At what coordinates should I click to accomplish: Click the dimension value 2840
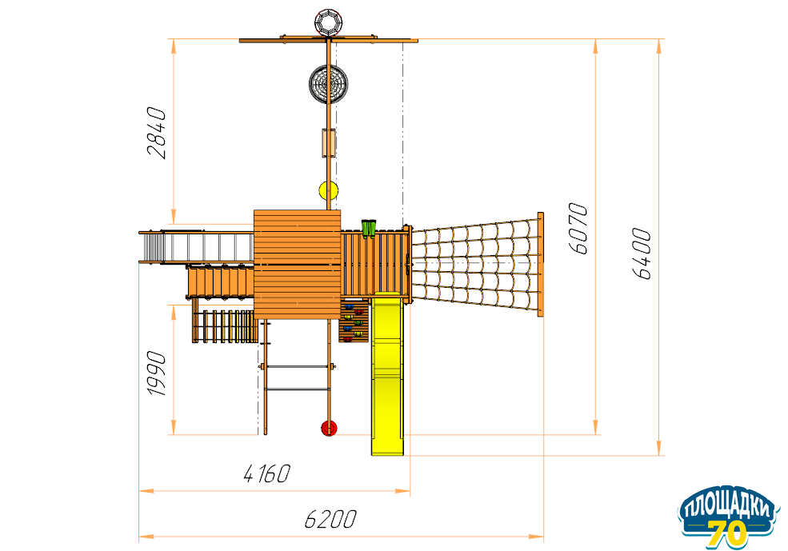156,133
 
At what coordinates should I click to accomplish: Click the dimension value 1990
156,373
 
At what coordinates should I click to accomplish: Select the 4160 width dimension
267,473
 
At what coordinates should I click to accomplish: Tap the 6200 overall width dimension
330,519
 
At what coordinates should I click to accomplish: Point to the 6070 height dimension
578,229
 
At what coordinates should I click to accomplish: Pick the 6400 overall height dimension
642,254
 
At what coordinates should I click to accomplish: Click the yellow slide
387,373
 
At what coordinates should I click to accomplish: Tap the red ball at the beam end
329,429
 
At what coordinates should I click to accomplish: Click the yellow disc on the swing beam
328,190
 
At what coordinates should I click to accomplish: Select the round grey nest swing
328,84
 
